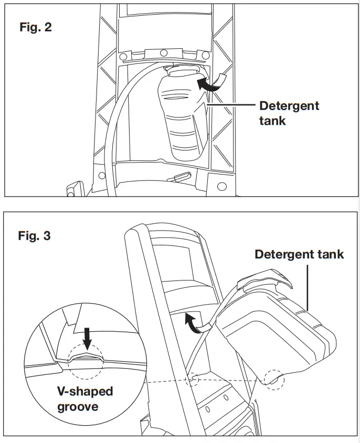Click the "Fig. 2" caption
(36, 27)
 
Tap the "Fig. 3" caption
(35, 235)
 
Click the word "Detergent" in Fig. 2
(289, 106)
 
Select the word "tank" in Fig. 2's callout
(273, 121)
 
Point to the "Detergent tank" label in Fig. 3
(299, 254)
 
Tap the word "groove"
(78, 406)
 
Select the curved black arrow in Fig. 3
(194, 322)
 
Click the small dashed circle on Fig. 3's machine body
(194, 379)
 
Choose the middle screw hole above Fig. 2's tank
(163, 52)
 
